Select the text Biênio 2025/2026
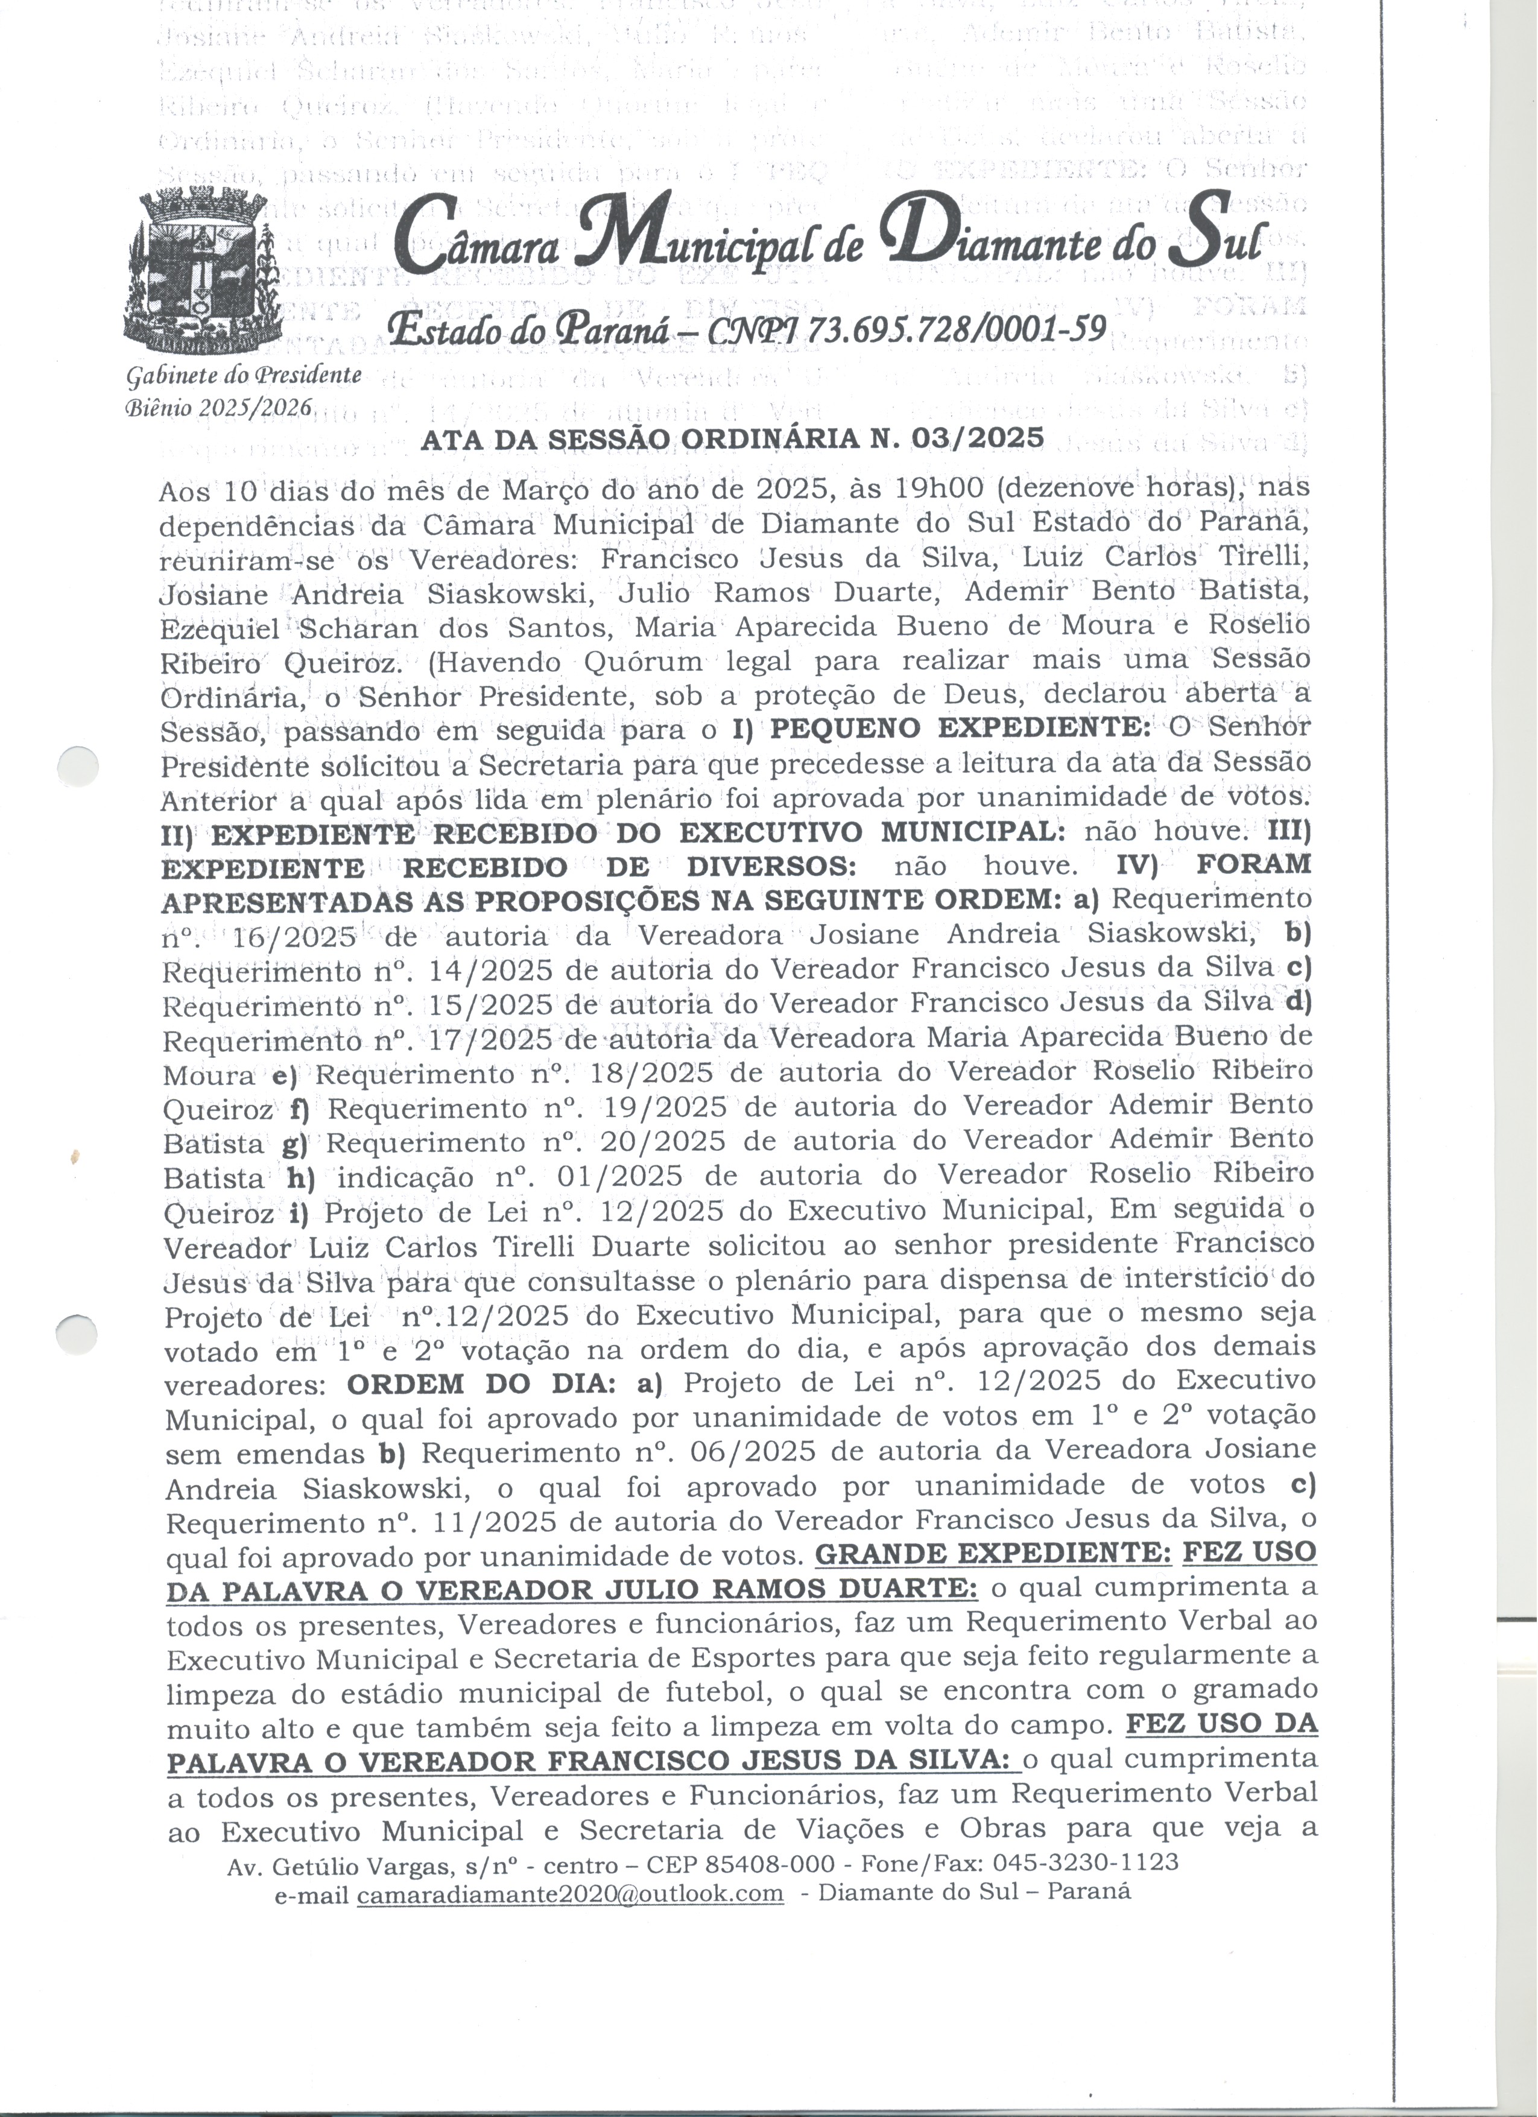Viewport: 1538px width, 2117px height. tap(220, 407)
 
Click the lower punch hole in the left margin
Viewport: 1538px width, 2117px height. tap(77, 1332)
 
